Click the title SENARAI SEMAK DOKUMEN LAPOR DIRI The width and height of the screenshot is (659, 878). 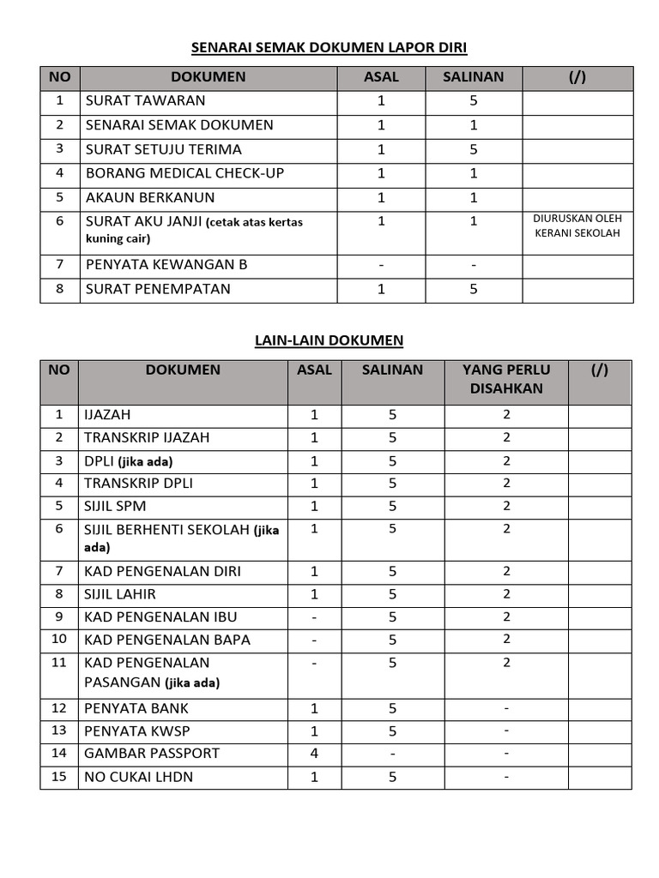pos(329,47)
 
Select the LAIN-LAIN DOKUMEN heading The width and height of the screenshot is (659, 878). pos(329,340)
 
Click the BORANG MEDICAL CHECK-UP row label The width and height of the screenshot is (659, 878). pos(184,173)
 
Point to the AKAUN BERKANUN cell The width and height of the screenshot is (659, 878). pos(150,197)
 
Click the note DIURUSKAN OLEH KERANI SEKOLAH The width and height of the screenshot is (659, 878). pos(577,226)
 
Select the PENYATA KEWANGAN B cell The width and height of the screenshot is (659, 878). pos(166,264)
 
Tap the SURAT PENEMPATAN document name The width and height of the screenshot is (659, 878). pos(158,289)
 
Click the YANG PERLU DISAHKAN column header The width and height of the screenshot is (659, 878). pos(506,379)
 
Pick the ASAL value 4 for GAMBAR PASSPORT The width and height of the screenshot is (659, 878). pos(314,753)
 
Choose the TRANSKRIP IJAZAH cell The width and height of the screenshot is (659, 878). pos(147,437)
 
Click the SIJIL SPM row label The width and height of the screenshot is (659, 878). pos(115,506)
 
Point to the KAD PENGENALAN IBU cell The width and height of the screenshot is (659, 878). pos(160,617)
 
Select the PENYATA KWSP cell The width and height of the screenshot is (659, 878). pos(137,731)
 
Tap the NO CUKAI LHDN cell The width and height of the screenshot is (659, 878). pos(139,777)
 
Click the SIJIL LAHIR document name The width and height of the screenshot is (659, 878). pos(120,594)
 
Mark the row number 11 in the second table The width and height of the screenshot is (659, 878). pos(59,663)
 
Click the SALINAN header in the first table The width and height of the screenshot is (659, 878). pos(473,77)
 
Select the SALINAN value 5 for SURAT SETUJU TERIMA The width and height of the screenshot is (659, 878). pos(473,149)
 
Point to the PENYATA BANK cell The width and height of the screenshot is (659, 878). pos(136,708)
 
